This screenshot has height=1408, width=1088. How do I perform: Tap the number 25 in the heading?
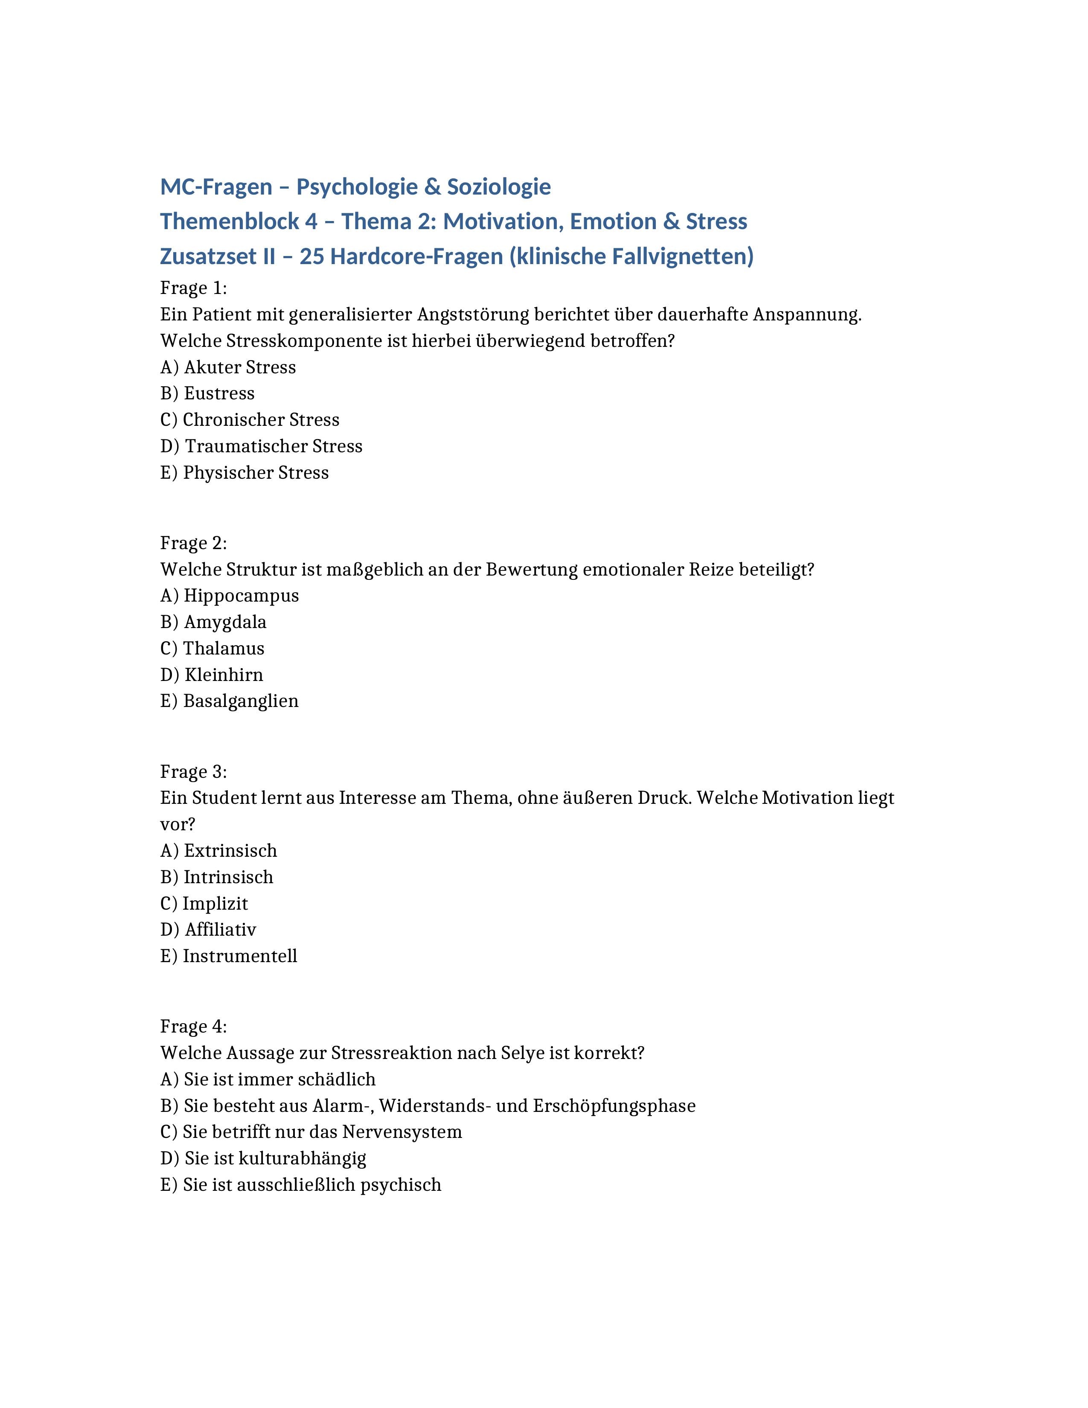coord(311,256)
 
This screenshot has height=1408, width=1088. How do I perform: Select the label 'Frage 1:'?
coord(193,288)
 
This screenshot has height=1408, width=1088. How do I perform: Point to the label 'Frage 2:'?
coord(193,543)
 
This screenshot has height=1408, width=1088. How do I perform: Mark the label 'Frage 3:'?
coord(193,772)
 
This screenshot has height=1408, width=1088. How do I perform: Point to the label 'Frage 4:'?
coord(193,1026)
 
